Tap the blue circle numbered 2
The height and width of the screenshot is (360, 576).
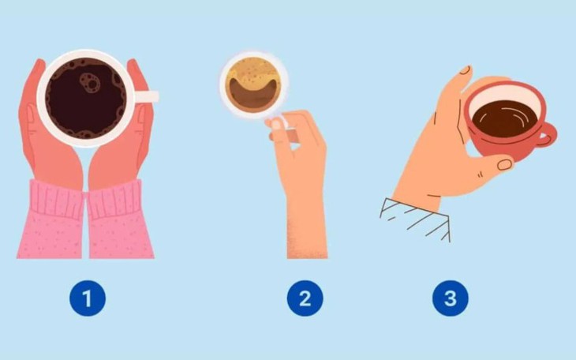coord(304,299)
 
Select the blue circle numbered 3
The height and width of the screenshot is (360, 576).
coord(450,299)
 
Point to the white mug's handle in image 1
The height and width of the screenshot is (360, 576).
coord(147,96)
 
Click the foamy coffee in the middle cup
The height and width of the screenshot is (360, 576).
coord(252,73)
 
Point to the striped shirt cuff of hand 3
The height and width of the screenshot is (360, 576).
coord(414,217)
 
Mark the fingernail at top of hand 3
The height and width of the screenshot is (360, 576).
coord(466,71)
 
